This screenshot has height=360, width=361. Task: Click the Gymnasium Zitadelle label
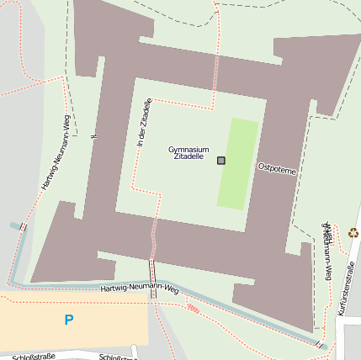(188, 151)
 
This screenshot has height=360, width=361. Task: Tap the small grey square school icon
(221, 161)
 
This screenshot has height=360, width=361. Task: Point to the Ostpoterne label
(277, 168)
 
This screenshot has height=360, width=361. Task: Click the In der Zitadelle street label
(144, 124)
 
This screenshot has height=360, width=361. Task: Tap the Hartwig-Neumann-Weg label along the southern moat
(140, 289)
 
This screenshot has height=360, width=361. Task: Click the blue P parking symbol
(69, 320)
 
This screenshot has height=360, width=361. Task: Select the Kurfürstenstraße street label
(346, 289)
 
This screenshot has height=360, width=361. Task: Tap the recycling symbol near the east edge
(353, 232)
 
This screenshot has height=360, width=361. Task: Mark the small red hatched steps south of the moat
(192, 308)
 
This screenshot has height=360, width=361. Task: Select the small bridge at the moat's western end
(23, 227)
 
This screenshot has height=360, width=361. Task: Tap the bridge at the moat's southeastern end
(319, 343)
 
